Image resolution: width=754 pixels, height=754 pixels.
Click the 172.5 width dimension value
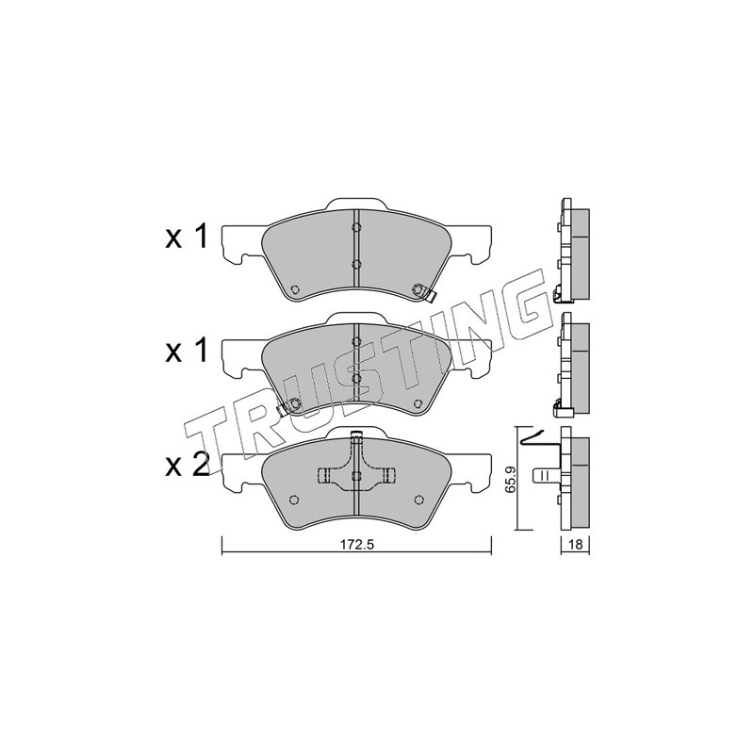tap(357, 545)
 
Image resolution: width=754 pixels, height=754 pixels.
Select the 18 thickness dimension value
tap(576, 545)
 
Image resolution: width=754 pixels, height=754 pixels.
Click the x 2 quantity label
tap(187, 466)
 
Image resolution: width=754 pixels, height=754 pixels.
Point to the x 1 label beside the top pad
tap(187, 237)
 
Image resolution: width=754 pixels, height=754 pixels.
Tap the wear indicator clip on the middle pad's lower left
tap(289, 406)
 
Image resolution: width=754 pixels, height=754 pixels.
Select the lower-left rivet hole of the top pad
tap(295, 289)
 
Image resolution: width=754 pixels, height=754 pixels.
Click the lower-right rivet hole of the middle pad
tap(418, 403)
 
